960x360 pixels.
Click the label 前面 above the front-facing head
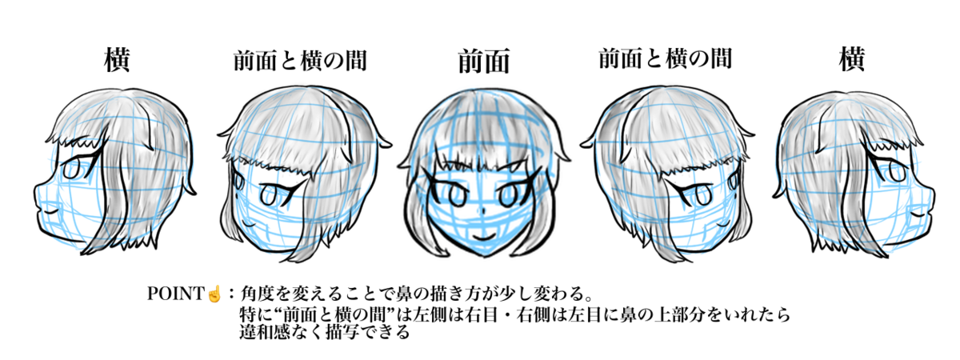pyautogui.click(x=483, y=62)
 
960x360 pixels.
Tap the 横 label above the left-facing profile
pyautogui.click(x=118, y=60)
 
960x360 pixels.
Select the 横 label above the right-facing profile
pyautogui.click(x=851, y=60)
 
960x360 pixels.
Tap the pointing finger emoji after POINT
pyautogui.click(x=214, y=294)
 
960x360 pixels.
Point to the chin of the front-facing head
pyautogui.click(x=482, y=254)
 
